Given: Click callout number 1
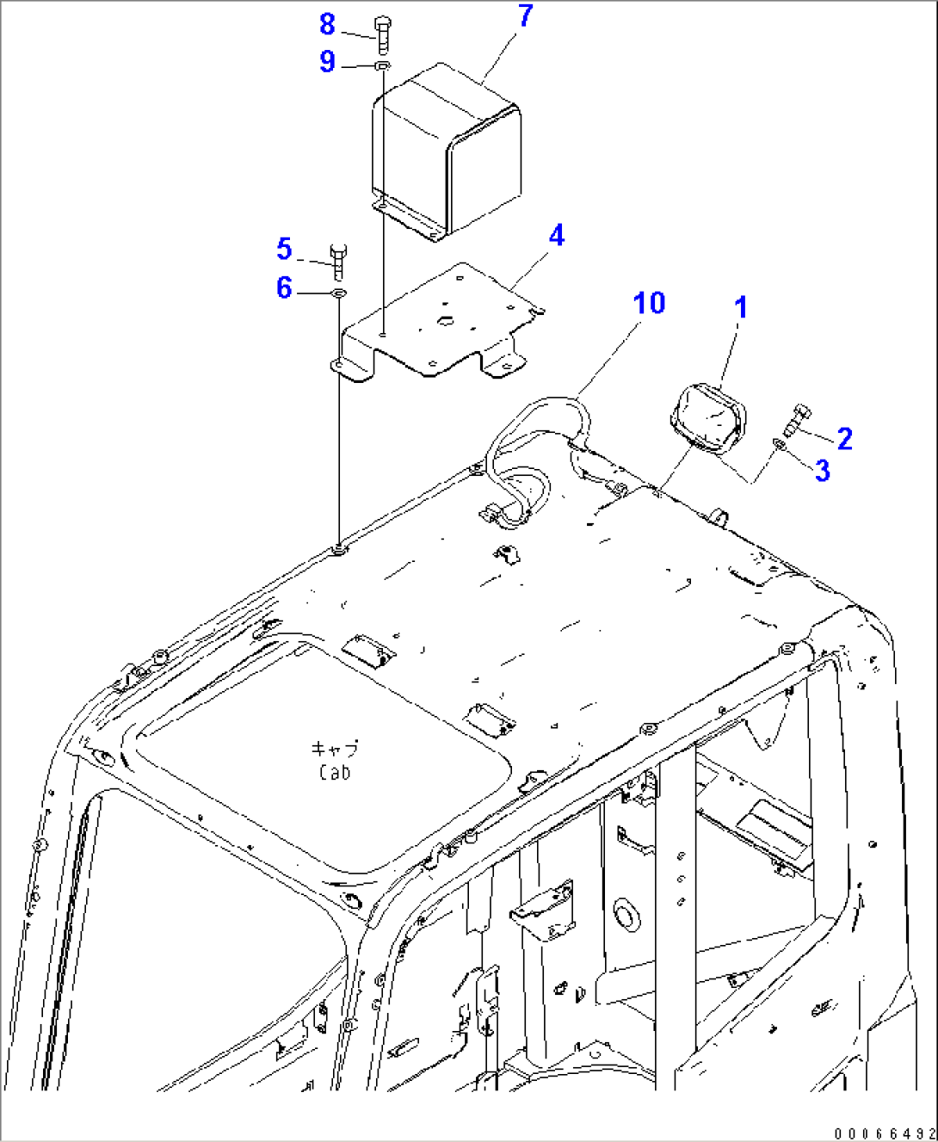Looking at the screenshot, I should pyautogui.click(x=741, y=307).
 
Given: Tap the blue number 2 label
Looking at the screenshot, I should pyautogui.click(x=845, y=439).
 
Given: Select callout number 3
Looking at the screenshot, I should pyautogui.click(x=823, y=470).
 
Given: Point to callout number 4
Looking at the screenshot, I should pyautogui.click(x=557, y=235).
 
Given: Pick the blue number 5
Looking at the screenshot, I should pyautogui.click(x=285, y=250).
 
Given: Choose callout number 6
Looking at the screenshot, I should pyautogui.click(x=285, y=287).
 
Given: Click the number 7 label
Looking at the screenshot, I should pyautogui.click(x=525, y=15).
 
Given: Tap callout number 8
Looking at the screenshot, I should pyautogui.click(x=327, y=24).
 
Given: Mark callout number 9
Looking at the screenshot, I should pyautogui.click(x=327, y=61).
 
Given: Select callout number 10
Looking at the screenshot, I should pyautogui.click(x=649, y=303).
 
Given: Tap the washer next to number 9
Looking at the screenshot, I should pyautogui.click(x=384, y=65).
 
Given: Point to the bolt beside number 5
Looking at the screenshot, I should pyautogui.click(x=338, y=260).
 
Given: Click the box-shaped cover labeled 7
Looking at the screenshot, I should pyautogui.click(x=447, y=155).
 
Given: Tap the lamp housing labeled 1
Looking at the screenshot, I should pyautogui.click(x=707, y=419).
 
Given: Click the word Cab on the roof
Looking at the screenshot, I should pyautogui.click(x=335, y=773).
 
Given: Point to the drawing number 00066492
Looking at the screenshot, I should pyautogui.click(x=884, y=1133).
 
